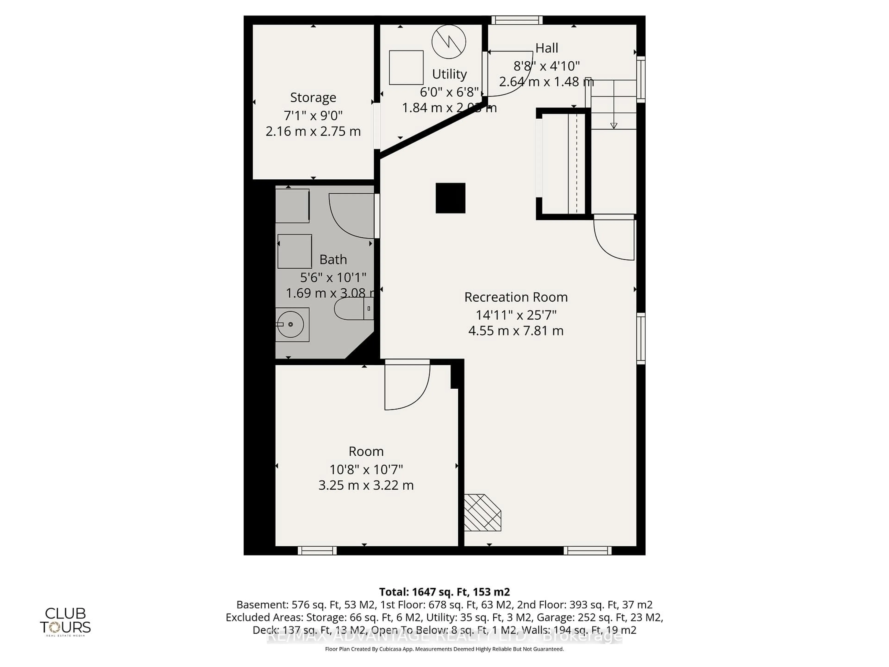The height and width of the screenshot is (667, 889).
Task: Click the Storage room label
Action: tap(313, 98)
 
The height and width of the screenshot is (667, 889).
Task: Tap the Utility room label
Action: tap(449, 74)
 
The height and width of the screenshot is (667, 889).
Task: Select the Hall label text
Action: tap(547, 48)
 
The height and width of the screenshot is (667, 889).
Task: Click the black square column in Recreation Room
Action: tap(451, 198)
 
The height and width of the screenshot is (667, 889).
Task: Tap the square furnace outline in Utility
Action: tap(406, 68)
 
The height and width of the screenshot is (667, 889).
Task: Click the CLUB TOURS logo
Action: tap(66, 621)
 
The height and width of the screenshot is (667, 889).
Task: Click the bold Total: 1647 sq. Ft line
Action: tap(444, 592)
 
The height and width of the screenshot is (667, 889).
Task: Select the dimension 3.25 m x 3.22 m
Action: tap(366, 485)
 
